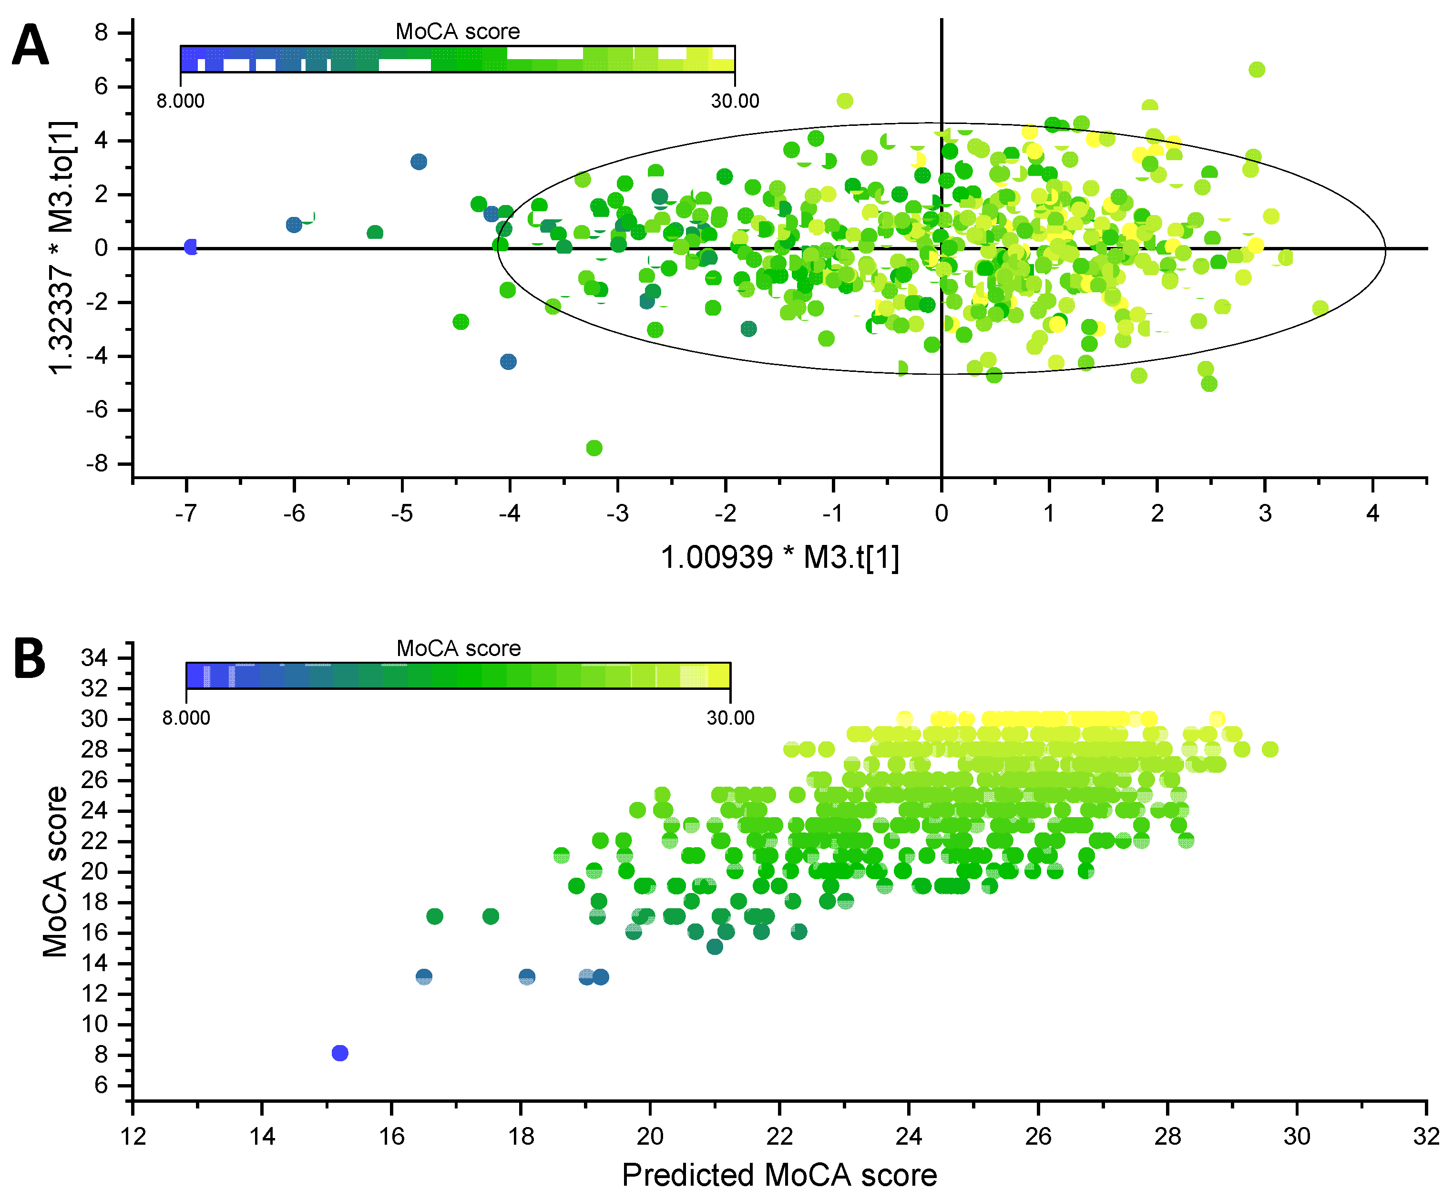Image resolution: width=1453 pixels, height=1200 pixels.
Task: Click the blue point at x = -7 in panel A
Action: tap(191, 247)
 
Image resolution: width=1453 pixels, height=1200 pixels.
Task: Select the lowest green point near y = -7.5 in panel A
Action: tap(594, 448)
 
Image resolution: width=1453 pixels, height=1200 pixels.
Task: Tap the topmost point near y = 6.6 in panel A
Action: tap(1257, 70)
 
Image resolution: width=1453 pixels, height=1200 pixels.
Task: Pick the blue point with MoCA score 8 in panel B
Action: tap(339, 1053)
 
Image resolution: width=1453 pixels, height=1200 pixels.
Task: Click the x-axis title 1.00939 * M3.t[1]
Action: tap(780, 557)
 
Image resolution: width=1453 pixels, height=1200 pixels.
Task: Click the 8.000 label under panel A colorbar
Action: tap(180, 101)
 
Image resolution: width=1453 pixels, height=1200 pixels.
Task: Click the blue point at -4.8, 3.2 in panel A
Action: tap(418, 162)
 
